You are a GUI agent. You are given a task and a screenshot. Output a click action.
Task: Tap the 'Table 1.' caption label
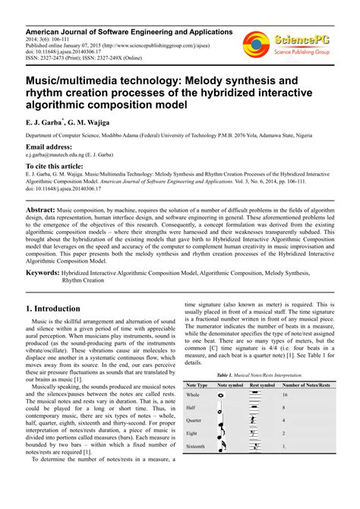[x=226, y=375]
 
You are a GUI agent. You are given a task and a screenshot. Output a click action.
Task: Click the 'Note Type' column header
[x=197, y=385]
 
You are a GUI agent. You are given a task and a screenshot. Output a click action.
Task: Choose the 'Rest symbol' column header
[x=261, y=385]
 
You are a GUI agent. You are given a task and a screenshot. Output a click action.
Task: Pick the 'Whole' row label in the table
[x=193, y=395]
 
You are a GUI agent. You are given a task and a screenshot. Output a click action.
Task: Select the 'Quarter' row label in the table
[x=194, y=420]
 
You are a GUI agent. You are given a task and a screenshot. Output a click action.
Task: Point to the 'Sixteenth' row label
[x=197, y=447]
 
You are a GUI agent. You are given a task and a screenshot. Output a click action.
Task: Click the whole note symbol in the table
[x=221, y=395]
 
